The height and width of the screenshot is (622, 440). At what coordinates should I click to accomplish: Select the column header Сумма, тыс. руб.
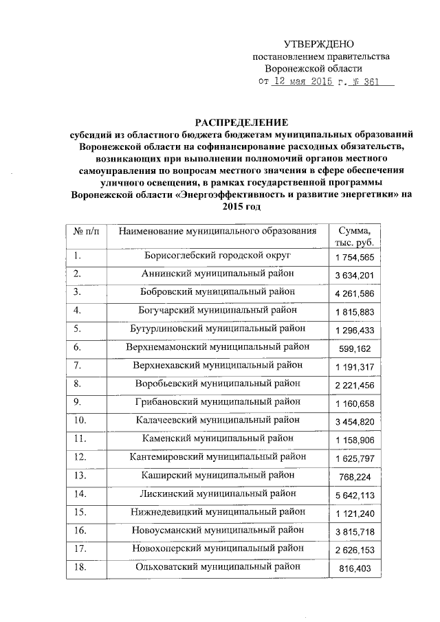pos(354,236)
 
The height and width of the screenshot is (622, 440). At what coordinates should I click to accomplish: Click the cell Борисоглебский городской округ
pos(218,256)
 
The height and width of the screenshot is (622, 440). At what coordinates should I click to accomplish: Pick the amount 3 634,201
pos(354,276)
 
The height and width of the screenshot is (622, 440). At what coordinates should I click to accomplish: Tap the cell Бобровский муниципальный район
pos(218,292)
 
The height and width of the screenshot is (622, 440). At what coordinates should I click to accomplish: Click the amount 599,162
pos(354,348)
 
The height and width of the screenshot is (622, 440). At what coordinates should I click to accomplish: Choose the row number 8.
pos(78,382)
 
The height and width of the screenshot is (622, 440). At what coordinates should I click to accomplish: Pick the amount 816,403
pos(354,569)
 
